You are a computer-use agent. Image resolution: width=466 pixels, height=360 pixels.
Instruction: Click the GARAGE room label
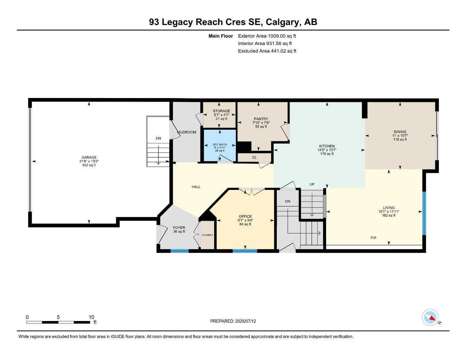[x=89, y=157]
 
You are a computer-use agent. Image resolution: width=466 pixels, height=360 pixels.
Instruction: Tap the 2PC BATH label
[x=220, y=144]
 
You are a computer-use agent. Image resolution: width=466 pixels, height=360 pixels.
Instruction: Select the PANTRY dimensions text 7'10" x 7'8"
[x=261, y=123]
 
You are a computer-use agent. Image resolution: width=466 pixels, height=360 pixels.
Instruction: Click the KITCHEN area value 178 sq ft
[x=327, y=154]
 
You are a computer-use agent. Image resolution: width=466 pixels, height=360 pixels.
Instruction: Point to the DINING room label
[x=400, y=132]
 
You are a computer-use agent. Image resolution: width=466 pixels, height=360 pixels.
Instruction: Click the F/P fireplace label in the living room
[x=374, y=238]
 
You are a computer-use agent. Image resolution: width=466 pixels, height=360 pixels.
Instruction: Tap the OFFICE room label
[x=245, y=217]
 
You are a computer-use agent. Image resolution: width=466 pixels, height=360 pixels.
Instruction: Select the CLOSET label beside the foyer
[x=207, y=235]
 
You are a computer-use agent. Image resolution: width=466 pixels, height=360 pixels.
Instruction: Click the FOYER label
[x=179, y=227]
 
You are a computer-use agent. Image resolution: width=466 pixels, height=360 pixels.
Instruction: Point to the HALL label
[x=196, y=187]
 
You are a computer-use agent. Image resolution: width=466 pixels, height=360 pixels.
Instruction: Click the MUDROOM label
[x=187, y=132]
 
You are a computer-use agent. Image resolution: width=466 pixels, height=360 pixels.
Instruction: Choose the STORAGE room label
[x=221, y=111]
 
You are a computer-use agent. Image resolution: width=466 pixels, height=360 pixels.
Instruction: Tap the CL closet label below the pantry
[x=254, y=157]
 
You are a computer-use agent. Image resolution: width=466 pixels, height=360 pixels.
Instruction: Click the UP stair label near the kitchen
[x=312, y=184]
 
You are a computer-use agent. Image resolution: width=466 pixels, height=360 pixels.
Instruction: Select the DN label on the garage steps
[x=158, y=139]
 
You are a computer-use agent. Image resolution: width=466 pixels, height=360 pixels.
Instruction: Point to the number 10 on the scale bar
[x=91, y=317]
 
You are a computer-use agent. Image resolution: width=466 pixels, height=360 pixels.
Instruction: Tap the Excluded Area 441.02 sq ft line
[x=267, y=51]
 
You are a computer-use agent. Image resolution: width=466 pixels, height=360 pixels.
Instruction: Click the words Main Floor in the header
[x=221, y=36]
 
